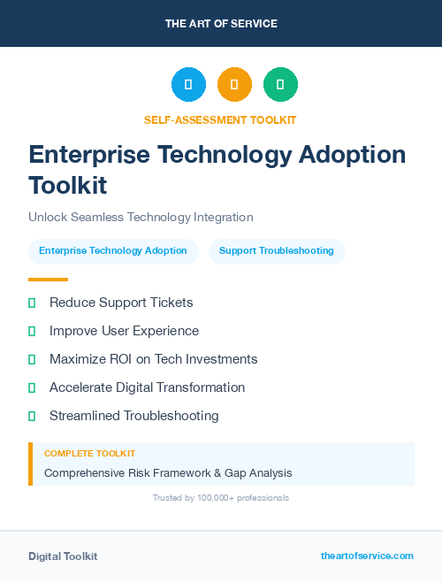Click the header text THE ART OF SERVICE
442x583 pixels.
pos(221,24)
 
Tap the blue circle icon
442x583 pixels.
pos(188,85)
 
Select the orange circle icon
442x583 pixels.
pos(234,85)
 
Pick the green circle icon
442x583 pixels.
pos(280,85)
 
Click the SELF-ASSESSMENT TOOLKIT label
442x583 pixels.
pos(220,119)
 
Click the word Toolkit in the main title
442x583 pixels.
pos(67,186)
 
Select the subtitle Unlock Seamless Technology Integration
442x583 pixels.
pos(141,217)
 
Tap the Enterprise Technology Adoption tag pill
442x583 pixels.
pos(113,251)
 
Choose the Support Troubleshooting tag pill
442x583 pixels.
pos(277,251)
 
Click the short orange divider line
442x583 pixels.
pos(48,280)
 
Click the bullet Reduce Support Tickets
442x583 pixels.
pos(121,303)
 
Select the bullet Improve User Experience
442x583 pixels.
pos(124,331)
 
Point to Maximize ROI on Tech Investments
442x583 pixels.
pos(153,359)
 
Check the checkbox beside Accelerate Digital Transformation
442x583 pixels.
pos(32,387)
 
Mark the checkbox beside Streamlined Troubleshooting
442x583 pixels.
pos(32,416)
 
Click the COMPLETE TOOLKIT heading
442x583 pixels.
pos(89,453)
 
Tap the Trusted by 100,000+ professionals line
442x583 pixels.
pos(221,498)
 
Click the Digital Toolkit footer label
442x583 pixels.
pos(63,556)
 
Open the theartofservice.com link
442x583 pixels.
pos(367,556)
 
